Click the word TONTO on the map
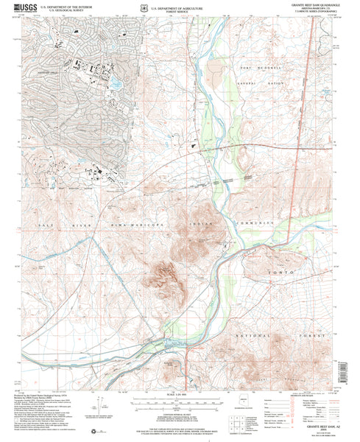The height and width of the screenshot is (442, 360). tap(293, 273)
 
